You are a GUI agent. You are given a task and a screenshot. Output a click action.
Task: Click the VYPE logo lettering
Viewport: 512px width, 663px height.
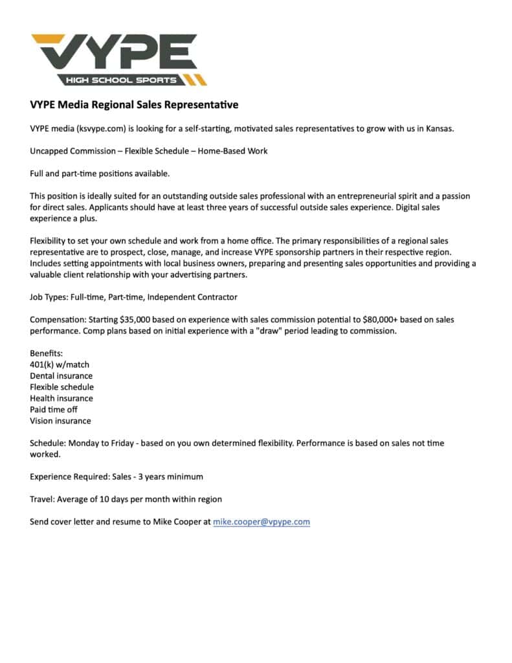point(114,52)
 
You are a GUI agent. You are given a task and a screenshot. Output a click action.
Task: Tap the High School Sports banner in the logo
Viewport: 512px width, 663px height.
point(120,80)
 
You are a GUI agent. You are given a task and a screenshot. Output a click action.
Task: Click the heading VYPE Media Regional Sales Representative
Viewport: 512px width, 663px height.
point(134,105)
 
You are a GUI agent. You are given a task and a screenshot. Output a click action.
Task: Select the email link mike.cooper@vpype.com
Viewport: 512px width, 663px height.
point(262,521)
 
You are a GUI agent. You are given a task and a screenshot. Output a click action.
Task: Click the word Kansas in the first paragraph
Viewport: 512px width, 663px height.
point(440,128)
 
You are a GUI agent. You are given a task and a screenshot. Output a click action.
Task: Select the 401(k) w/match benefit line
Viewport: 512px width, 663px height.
point(60,365)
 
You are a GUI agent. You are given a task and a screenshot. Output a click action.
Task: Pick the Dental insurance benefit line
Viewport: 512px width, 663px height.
point(61,376)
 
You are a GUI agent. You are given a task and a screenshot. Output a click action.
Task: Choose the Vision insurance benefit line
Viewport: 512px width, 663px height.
point(60,421)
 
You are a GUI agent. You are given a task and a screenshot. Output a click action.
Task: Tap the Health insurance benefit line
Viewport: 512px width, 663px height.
point(61,398)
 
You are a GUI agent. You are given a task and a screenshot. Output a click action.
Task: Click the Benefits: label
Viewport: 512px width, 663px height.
point(47,354)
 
